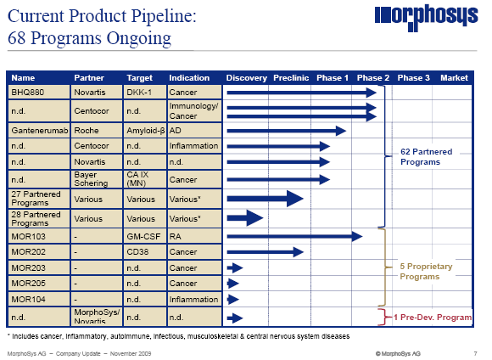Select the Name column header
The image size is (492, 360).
tap(23, 78)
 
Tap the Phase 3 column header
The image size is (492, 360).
tap(413, 78)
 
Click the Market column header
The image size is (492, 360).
tap(454, 78)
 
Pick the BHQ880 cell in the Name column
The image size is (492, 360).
tap(27, 92)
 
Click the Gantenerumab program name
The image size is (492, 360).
tap(37, 131)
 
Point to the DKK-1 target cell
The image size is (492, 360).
tap(139, 92)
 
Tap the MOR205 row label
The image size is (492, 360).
tap(27, 283)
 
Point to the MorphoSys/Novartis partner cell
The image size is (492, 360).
tap(97, 318)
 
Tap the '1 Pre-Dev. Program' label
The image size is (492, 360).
tap(433, 317)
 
